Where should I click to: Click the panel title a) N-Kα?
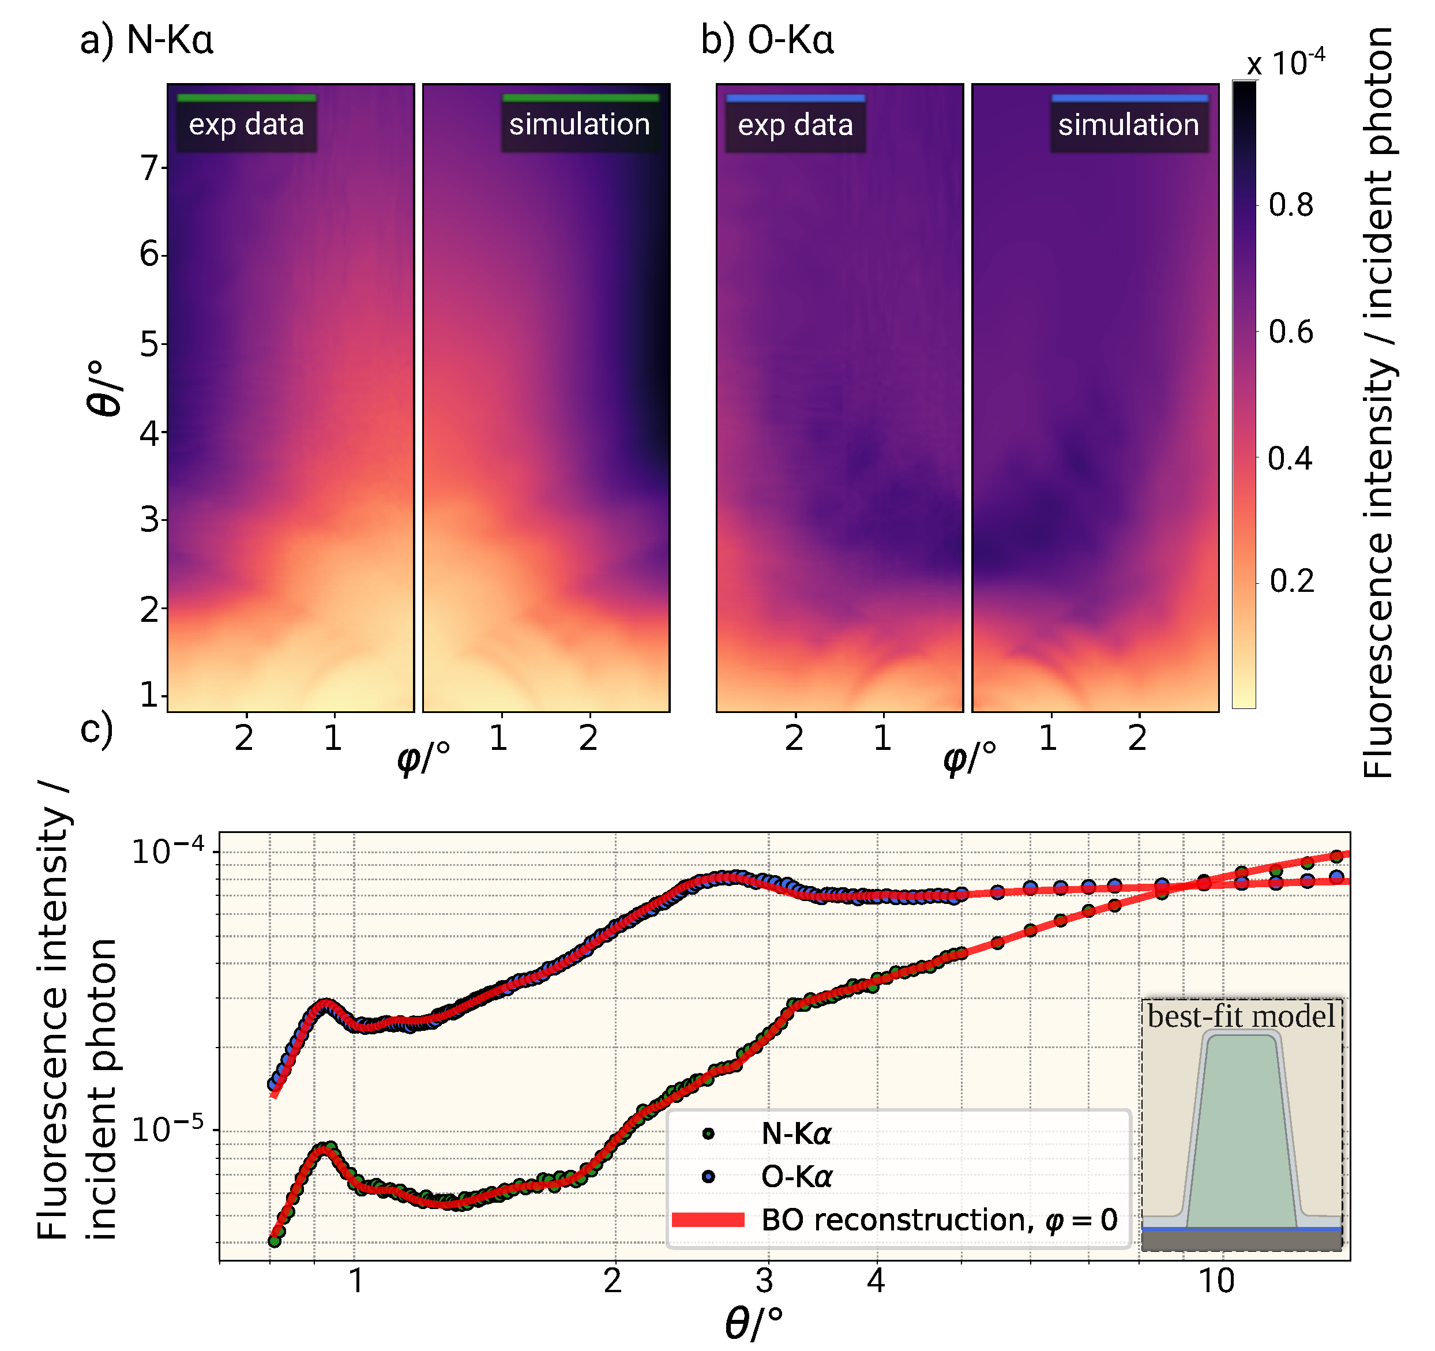pyautogui.click(x=146, y=39)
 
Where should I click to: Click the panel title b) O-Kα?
pyautogui.click(x=767, y=39)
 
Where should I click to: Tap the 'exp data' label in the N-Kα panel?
pyautogui.click(x=246, y=125)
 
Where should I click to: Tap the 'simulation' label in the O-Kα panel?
pyautogui.click(x=1128, y=125)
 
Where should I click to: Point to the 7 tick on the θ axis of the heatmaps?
pyautogui.click(x=149, y=168)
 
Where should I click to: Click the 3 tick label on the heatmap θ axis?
pyautogui.click(x=149, y=520)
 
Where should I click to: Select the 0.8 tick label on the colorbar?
pyautogui.click(x=1291, y=206)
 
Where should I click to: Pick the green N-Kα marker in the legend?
pyautogui.click(x=708, y=1134)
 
